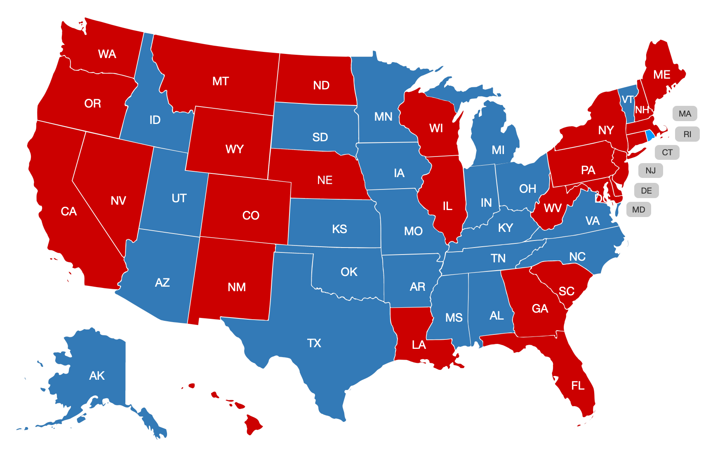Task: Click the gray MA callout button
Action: [x=685, y=114]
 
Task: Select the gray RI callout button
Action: [x=687, y=134]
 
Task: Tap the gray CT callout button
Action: [x=667, y=152]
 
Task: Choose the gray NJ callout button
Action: [x=650, y=171]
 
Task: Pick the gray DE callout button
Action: [x=646, y=191]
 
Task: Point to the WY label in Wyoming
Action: [x=234, y=149]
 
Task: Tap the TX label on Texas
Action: [x=314, y=343]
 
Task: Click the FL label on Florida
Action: [x=578, y=386]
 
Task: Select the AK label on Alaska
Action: [x=97, y=376]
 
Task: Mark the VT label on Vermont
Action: [x=627, y=100]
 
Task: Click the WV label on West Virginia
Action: [x=553, y=208]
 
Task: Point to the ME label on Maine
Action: [x=661, y=75]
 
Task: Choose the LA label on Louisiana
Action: [x=419, y=345]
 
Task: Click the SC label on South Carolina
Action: [x=566, y=291]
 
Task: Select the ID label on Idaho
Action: [x=155, y=120]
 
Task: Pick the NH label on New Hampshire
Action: [x=642, y=110]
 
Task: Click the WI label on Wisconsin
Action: [x=436, y=128]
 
